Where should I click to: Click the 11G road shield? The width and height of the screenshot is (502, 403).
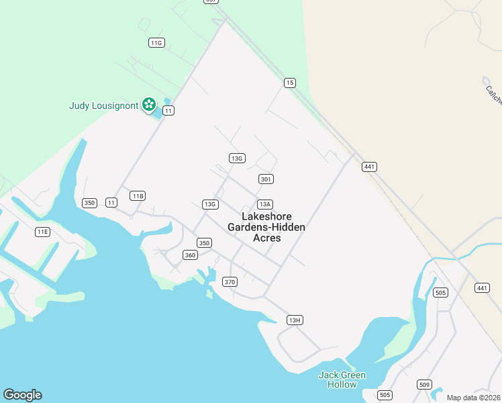[x=156, y=42]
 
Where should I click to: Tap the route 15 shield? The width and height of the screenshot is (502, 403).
[x=289, y=83]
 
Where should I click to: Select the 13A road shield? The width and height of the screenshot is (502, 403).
[x=264, y=204]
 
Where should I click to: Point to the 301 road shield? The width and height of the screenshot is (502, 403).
[x=266, y=179]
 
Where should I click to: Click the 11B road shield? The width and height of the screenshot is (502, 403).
[x=138, y=196]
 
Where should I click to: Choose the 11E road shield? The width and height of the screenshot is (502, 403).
[x=42, y=232]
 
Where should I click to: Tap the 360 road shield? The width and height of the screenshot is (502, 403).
[x=190, y=255]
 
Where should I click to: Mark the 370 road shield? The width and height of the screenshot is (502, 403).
[x=230, y=281]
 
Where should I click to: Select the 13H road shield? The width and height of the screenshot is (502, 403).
[x=294, y=320]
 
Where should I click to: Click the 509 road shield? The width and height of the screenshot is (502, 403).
[x=424, y=384]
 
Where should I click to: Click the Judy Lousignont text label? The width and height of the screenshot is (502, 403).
[x=103, y=105]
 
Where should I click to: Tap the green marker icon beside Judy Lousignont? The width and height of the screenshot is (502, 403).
[x=149, y=105]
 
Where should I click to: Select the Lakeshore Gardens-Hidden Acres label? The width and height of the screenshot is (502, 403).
[x=266, y=227]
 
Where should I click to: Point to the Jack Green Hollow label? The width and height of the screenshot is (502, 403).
[x=342, y=379]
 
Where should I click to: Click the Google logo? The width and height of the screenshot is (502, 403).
[x=22, y=395]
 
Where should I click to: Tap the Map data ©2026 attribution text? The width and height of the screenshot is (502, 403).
[x=473, y=398]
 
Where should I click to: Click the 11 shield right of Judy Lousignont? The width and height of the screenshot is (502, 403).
[x=168, y=110]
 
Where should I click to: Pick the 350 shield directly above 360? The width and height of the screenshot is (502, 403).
[x=204, y=243]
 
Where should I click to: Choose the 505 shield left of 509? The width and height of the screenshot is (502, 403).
[x=385, y=395]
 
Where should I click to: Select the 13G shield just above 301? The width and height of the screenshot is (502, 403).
[x=236, y=159]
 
